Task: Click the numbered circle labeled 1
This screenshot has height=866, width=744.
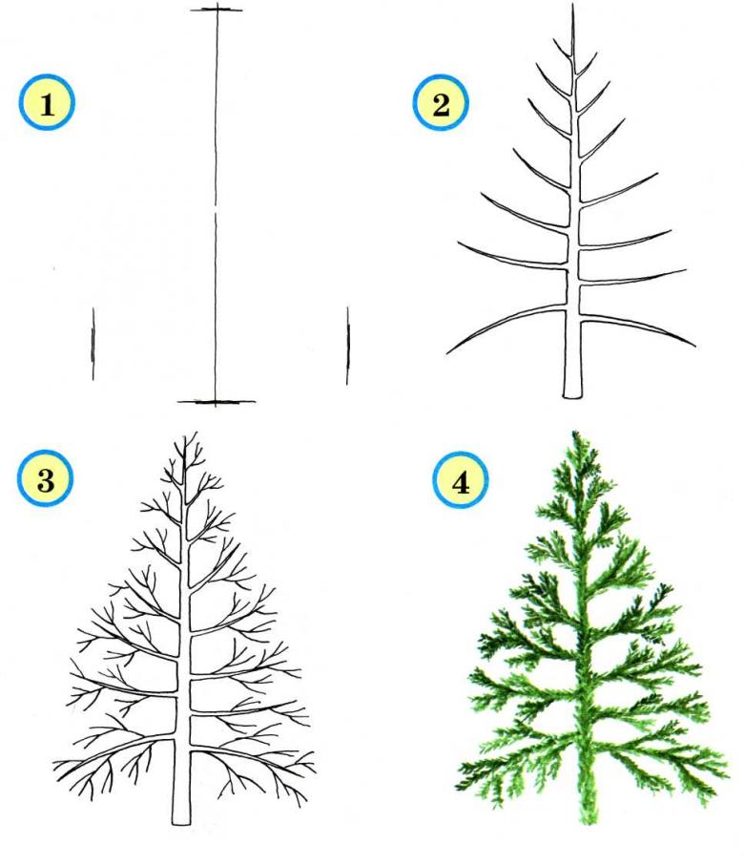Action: tap(47, 103)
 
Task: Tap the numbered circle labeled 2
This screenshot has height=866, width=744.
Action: tap(441, 103)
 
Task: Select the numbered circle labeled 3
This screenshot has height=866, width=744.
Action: tap(46, 478)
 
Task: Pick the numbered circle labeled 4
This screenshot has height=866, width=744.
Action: tap(461, 482)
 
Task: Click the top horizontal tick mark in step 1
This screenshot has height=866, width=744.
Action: tap(217, 10)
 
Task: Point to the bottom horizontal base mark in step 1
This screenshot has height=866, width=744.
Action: tap(217, 402)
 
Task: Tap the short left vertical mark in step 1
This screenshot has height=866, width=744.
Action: tap(93, 344)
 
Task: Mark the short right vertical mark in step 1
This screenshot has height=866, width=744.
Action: tap(348, 346)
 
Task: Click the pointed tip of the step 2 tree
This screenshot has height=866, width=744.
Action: tap(572, 5)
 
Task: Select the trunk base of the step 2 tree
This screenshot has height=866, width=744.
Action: tap(573, 394)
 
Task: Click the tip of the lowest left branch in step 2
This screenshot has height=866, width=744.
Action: tap(447, 351)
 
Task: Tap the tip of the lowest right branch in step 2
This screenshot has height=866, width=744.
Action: tap(695, 346)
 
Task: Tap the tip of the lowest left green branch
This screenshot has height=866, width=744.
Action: tap(457, 787)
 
